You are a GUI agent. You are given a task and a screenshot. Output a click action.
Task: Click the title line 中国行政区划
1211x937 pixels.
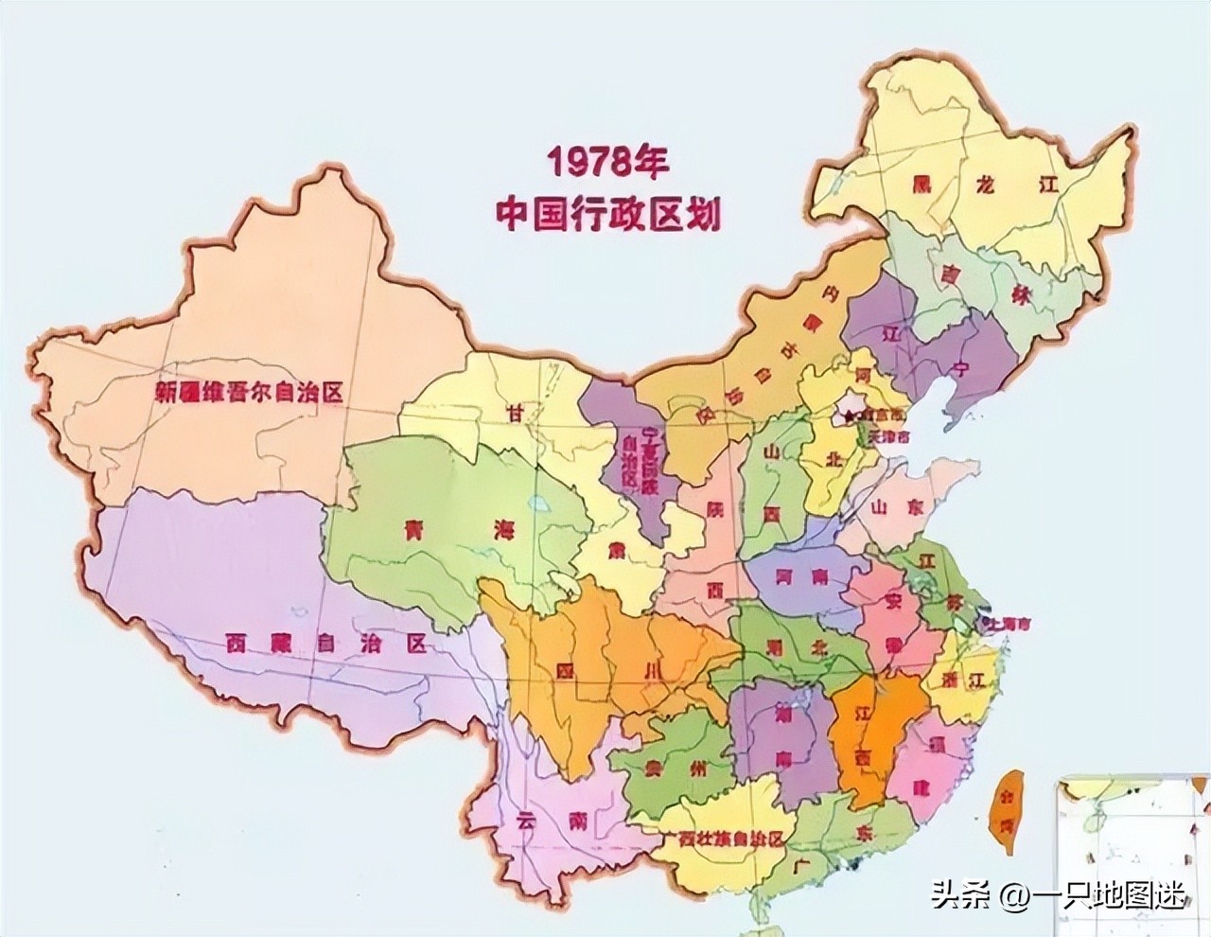(608, 214)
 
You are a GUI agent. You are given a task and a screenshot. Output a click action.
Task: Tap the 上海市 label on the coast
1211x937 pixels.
(1009, 624)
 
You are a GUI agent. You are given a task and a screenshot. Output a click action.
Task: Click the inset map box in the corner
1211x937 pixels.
(1133, 852)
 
